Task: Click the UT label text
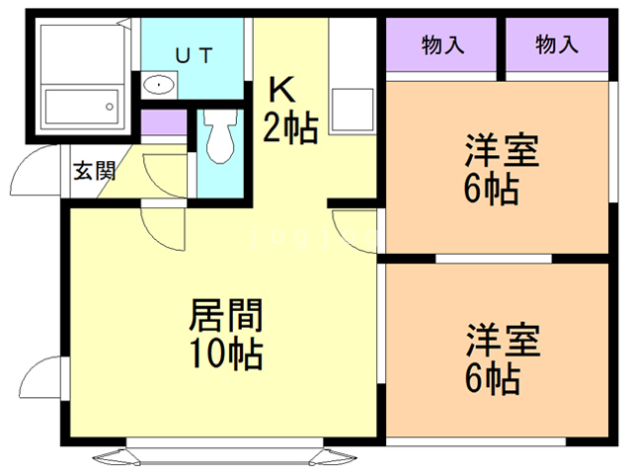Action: (192, 55)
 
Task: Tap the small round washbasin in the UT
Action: (157, 86)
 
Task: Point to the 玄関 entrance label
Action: (94, 170)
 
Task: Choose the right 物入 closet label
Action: (557, 44)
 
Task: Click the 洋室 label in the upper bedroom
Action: (503, 153)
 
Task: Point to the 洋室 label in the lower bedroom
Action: (503, 341)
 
